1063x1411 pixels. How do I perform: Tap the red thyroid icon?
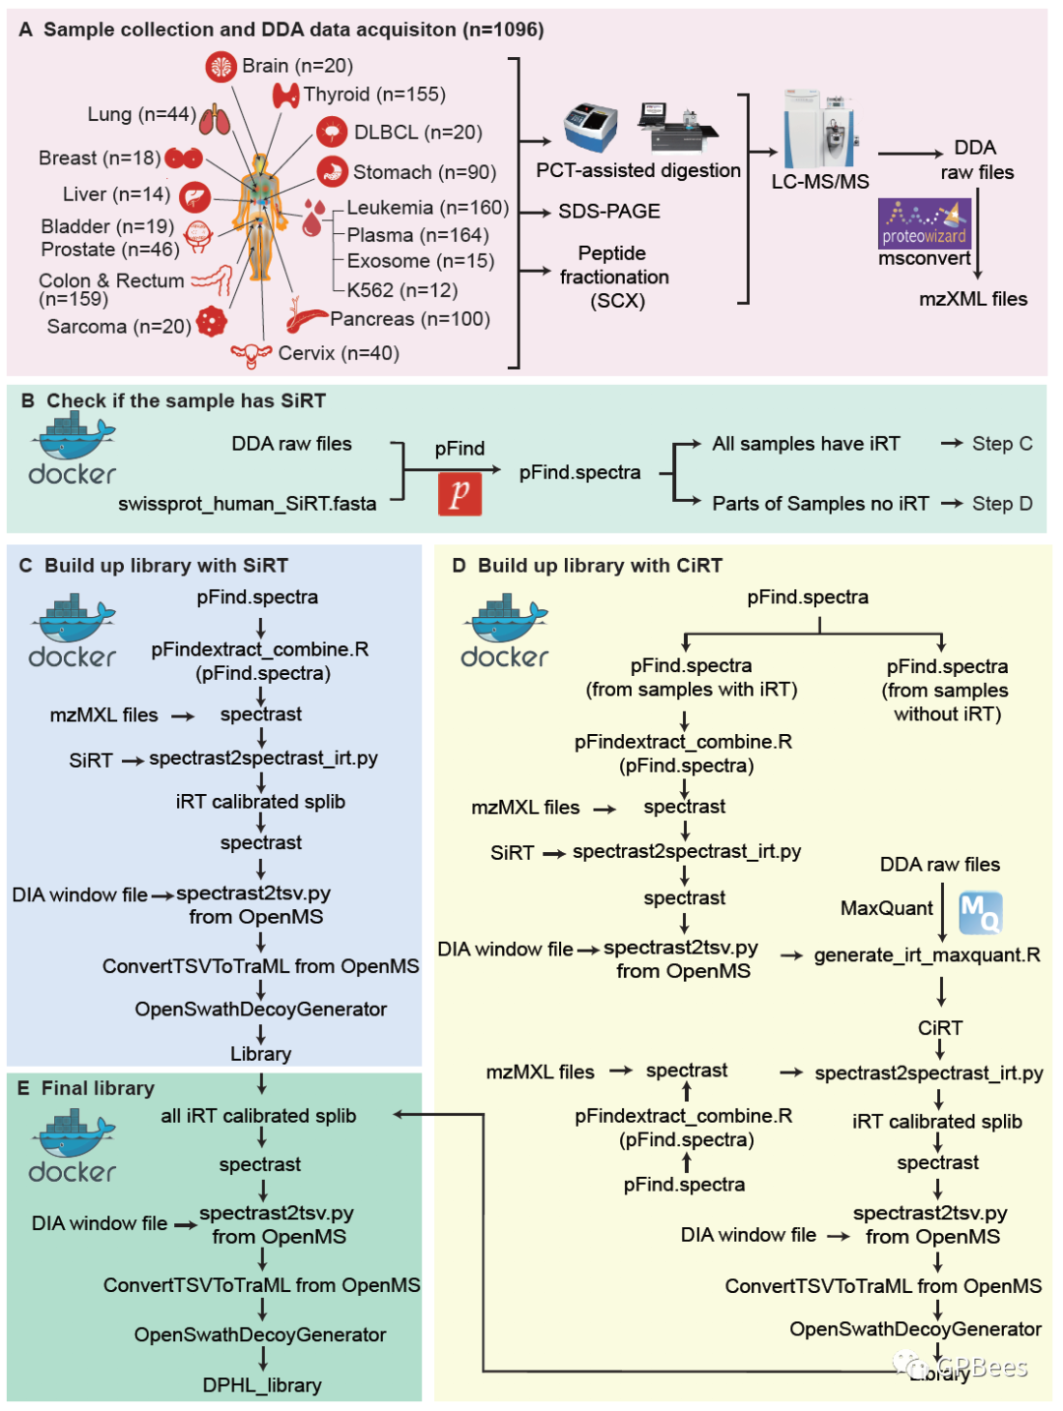click(x=284, y=95)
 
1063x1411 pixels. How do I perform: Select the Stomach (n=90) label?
click(x=424, y=171)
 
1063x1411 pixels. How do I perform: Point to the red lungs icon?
click(x=214, y=119)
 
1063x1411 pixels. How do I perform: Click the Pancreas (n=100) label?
click(x=409, y=318)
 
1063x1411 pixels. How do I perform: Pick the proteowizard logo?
click(x=923, y=223)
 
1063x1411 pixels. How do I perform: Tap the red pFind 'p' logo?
click(x=459, y=493)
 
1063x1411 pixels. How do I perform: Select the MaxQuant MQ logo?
click(x=979, y=911)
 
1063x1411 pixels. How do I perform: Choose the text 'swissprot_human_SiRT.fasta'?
click(x=247, y=504)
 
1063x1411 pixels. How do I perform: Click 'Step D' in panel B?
click(x=1001, y=504)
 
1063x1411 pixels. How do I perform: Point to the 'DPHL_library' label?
click(x=262, y=1384)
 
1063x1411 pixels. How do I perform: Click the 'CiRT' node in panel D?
click(x=939, y=1028)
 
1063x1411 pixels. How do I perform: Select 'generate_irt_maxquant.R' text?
click(x=926, y=954)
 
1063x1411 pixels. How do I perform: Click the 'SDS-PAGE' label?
click(x=608, y=211)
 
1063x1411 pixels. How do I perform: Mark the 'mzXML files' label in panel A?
click(x=972, y=299)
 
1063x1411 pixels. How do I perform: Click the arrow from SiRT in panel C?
click(x=133, y=762)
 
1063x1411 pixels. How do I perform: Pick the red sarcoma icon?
click(x=211, y=322)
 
